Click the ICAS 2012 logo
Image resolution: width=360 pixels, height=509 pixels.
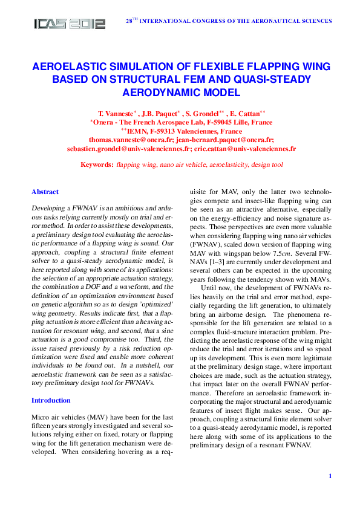point(70,24)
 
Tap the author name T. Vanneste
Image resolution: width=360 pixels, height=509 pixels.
point(114,113)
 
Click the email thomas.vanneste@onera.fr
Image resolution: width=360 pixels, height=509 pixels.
point(133,139)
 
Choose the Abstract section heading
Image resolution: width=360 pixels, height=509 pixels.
point(45,192)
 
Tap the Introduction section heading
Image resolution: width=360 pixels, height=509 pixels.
point(51,400)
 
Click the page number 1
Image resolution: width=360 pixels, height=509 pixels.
point(330,476)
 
